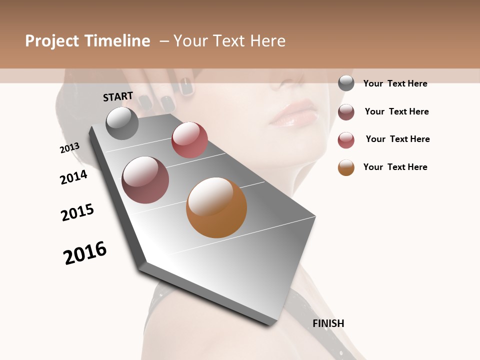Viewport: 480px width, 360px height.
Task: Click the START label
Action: [x=118, y=96]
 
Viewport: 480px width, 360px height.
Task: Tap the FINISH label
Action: [x=328, y=323]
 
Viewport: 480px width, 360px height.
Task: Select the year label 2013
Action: [x=69, y=148]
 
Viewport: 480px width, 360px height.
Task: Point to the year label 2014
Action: [x=73, y=177]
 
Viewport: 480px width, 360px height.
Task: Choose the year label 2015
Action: [x=77, y=212]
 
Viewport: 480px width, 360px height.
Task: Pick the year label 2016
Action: [x=85, y=253]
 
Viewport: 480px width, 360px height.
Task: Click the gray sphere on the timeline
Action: [x=122, y=123]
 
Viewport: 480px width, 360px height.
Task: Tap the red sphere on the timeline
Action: [x=189, y=140]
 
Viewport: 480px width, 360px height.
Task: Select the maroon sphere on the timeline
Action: [x=145, y=180]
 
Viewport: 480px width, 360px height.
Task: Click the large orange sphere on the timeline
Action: [x=216, y=207]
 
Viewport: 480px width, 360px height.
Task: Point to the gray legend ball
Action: [x=346, y=83]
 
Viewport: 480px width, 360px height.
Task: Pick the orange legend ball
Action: [x=346, y=167]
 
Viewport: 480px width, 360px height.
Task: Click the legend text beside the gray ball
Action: [x=395, y=84]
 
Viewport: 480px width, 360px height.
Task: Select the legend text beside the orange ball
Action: [x=395, y=167]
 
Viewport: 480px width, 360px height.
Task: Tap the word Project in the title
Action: [x=53, y=41]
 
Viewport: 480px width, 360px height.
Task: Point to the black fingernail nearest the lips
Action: [x=187, y=86]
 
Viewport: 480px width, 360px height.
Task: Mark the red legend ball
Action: [x=346, y=140]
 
